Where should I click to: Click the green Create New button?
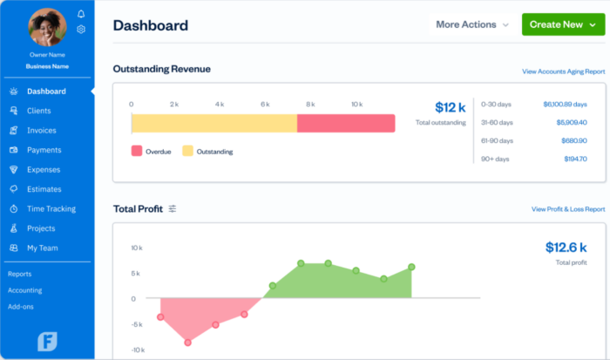[x=562, y=24]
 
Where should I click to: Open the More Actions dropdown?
[x=472, y=24]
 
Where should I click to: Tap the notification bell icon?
[x=81, y=14]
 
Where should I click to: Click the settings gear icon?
[x=81, y=29]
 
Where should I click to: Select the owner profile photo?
[x=47, y=27]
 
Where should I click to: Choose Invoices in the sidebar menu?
[x=42, y=131]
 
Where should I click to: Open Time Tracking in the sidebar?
[x=51, y=209]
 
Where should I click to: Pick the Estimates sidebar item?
[x=44, y=189]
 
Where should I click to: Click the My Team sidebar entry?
[x=42, y=248]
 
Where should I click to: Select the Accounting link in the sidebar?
[x=24, y=290]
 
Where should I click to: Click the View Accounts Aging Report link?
[x=563, y=71]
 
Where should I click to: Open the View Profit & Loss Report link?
[x=568, y=209]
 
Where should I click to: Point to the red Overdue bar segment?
[x=345, y=123]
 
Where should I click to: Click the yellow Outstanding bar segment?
[x=213, y=123]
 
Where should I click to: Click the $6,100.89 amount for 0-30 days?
[x=565, y=103]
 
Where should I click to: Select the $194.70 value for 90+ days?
[x=574, y=159]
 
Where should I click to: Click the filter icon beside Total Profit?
[x=173, y=208]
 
